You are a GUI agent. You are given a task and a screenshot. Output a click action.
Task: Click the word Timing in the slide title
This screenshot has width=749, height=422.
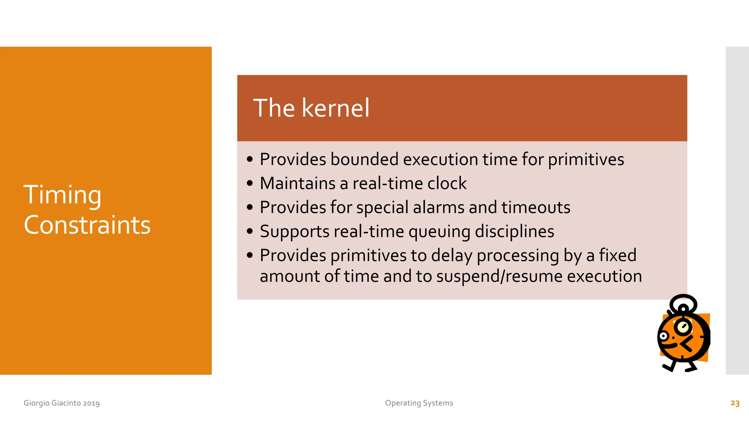(63, 195)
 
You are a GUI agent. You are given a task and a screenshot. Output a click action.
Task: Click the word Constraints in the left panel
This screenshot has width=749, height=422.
(87, 225)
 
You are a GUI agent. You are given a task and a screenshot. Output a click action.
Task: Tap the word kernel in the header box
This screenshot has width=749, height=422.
(336, 108)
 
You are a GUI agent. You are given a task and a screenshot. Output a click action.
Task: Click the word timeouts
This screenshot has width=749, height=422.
(535, 207)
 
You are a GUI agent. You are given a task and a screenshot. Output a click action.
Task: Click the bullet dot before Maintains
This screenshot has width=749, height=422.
(250, 183)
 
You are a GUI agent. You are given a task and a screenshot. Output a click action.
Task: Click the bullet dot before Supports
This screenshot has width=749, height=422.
(250, 232)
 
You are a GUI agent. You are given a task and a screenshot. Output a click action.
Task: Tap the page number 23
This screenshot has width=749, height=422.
(735, 403)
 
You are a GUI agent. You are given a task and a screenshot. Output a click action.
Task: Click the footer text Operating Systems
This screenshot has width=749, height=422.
(419, 403)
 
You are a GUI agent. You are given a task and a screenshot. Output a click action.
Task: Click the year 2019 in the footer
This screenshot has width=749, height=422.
(91, 403)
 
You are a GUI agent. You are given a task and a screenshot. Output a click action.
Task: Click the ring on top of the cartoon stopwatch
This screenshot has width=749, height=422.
(683, 304)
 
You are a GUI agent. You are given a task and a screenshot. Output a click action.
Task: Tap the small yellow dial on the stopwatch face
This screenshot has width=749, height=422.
(682, 327)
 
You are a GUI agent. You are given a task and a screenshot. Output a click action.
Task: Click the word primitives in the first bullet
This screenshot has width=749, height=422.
(586, 160)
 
